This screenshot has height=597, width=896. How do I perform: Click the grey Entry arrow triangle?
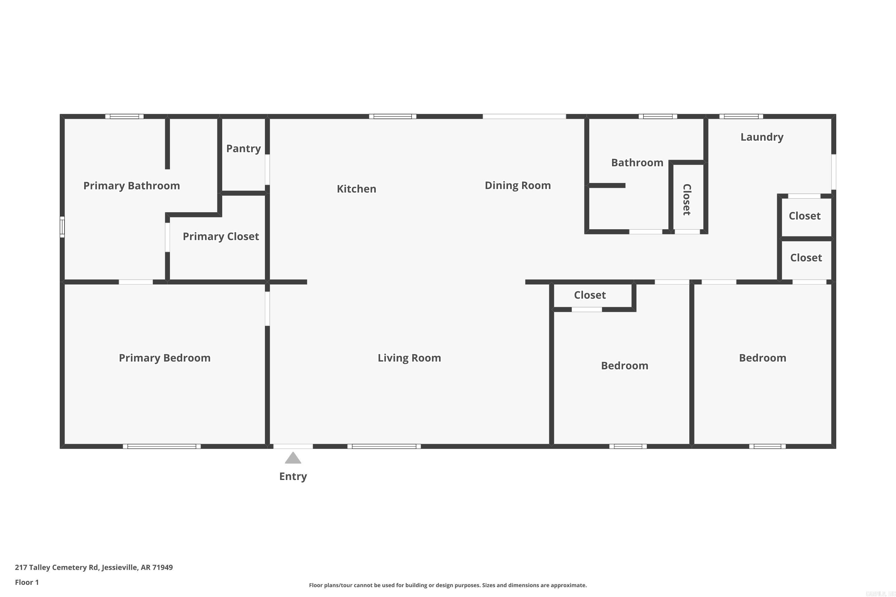[x=293, y=458]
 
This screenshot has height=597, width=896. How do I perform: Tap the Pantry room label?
[x=243, y=148]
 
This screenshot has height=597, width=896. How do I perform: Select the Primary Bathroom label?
[x=131, y=186]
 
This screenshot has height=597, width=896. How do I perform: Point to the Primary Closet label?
[x=221, y=236]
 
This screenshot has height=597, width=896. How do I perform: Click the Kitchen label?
[x=356, y=189]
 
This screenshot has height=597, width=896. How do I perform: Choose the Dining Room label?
[x=517, y=185]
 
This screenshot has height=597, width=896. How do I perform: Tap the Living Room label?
[x=409, y=358]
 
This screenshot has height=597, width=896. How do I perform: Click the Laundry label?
[x=762, y=137]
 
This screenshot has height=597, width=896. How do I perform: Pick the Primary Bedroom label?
[x=165, y=358]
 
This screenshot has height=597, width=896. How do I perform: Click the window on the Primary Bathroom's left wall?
[x=62, y=227]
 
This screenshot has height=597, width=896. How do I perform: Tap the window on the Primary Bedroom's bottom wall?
[x=162, y=446]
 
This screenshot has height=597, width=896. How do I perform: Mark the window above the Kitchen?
[x=392, y=116]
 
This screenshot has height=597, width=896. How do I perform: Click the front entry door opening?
[x=293, y=446]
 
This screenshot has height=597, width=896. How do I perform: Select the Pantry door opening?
[x=267, y=170]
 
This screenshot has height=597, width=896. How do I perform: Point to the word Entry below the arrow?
[x=293, y=476]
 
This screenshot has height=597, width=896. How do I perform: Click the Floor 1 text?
[x=27, y=582]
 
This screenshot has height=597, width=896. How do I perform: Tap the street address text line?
[x=94, y=567]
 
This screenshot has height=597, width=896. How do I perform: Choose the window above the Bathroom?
[x=658, y=116]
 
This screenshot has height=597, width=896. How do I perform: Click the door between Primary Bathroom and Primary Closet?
[x=167, y=237]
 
